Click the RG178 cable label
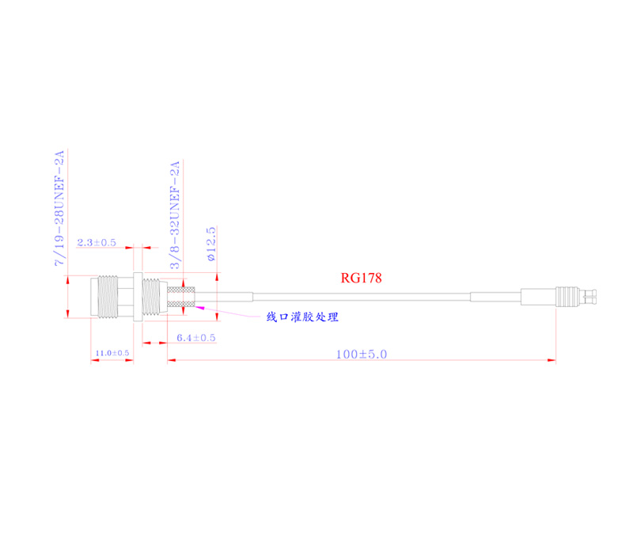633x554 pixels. [x=361, y=278]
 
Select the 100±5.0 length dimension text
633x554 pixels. [x=361, y=355]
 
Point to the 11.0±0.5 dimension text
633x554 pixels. [x=112, y=352]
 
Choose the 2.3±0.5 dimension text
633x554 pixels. [x=97, y=242]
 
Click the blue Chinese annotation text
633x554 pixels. [x=301, y=317]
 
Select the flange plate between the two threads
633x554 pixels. [x=137, y=298]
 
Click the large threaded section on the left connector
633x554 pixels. [x=111, y=298]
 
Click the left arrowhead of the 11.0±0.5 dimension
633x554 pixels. [x=94, y=361]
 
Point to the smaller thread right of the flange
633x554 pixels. [x=153, y=298]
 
